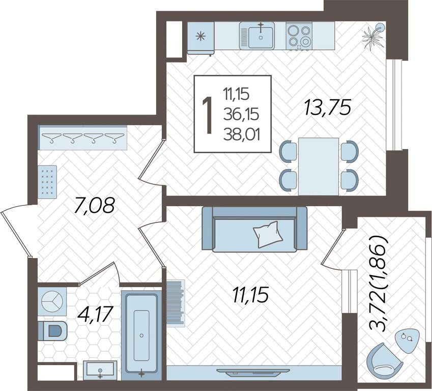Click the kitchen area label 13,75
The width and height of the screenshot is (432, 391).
click(x=328, y=108)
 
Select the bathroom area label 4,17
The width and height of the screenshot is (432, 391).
click(x=95, y=314)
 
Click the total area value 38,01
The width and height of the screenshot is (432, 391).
click(x=242, y=135)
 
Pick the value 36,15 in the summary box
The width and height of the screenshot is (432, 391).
click(x=241, y=115)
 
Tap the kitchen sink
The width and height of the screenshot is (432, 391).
click(x=257, y=36)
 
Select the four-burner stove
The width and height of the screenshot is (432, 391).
click(x=299, y=36)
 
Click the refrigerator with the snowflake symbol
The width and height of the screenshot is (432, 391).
click(x=201, y=37)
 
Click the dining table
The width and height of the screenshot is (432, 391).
click(x=319, y=166)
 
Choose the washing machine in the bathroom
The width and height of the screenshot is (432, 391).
click(x=52, y=301)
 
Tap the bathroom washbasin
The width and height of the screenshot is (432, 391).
click(x=100, y=370)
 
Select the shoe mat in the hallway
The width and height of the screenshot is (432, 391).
click(x=47, y=182)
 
